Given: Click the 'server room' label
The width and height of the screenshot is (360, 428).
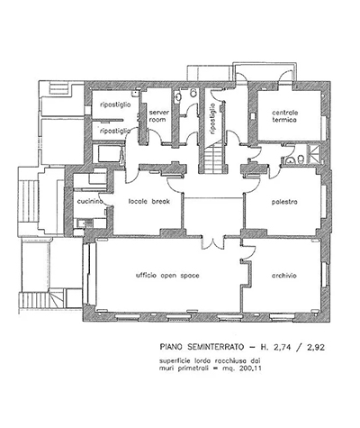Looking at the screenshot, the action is [159, 116].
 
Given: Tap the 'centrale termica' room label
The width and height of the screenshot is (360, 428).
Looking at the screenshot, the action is [285, 116].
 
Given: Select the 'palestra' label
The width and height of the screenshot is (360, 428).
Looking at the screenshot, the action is [284, 202].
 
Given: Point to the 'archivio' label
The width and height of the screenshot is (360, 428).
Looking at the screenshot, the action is [284, 276].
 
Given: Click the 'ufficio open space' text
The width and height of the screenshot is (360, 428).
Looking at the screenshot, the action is [167, 276].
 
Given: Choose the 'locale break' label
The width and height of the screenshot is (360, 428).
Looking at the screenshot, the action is [149, 201].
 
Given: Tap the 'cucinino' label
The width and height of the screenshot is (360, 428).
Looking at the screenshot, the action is [90, 201].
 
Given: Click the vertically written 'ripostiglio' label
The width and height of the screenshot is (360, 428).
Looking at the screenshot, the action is [212, 119].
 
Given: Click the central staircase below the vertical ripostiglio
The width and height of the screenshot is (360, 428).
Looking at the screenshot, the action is [213, 159].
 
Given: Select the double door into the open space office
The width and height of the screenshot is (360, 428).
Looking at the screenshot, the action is [213, 243].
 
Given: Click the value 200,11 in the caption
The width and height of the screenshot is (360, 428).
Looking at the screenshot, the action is [250, 369].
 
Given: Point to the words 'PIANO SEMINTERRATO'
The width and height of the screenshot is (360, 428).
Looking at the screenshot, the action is [202, 347].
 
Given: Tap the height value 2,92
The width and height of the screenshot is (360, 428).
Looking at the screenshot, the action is [316, 347].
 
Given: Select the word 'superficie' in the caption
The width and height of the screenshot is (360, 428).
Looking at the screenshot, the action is [171, 360].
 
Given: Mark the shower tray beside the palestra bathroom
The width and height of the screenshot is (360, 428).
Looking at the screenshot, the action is [314, 154].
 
